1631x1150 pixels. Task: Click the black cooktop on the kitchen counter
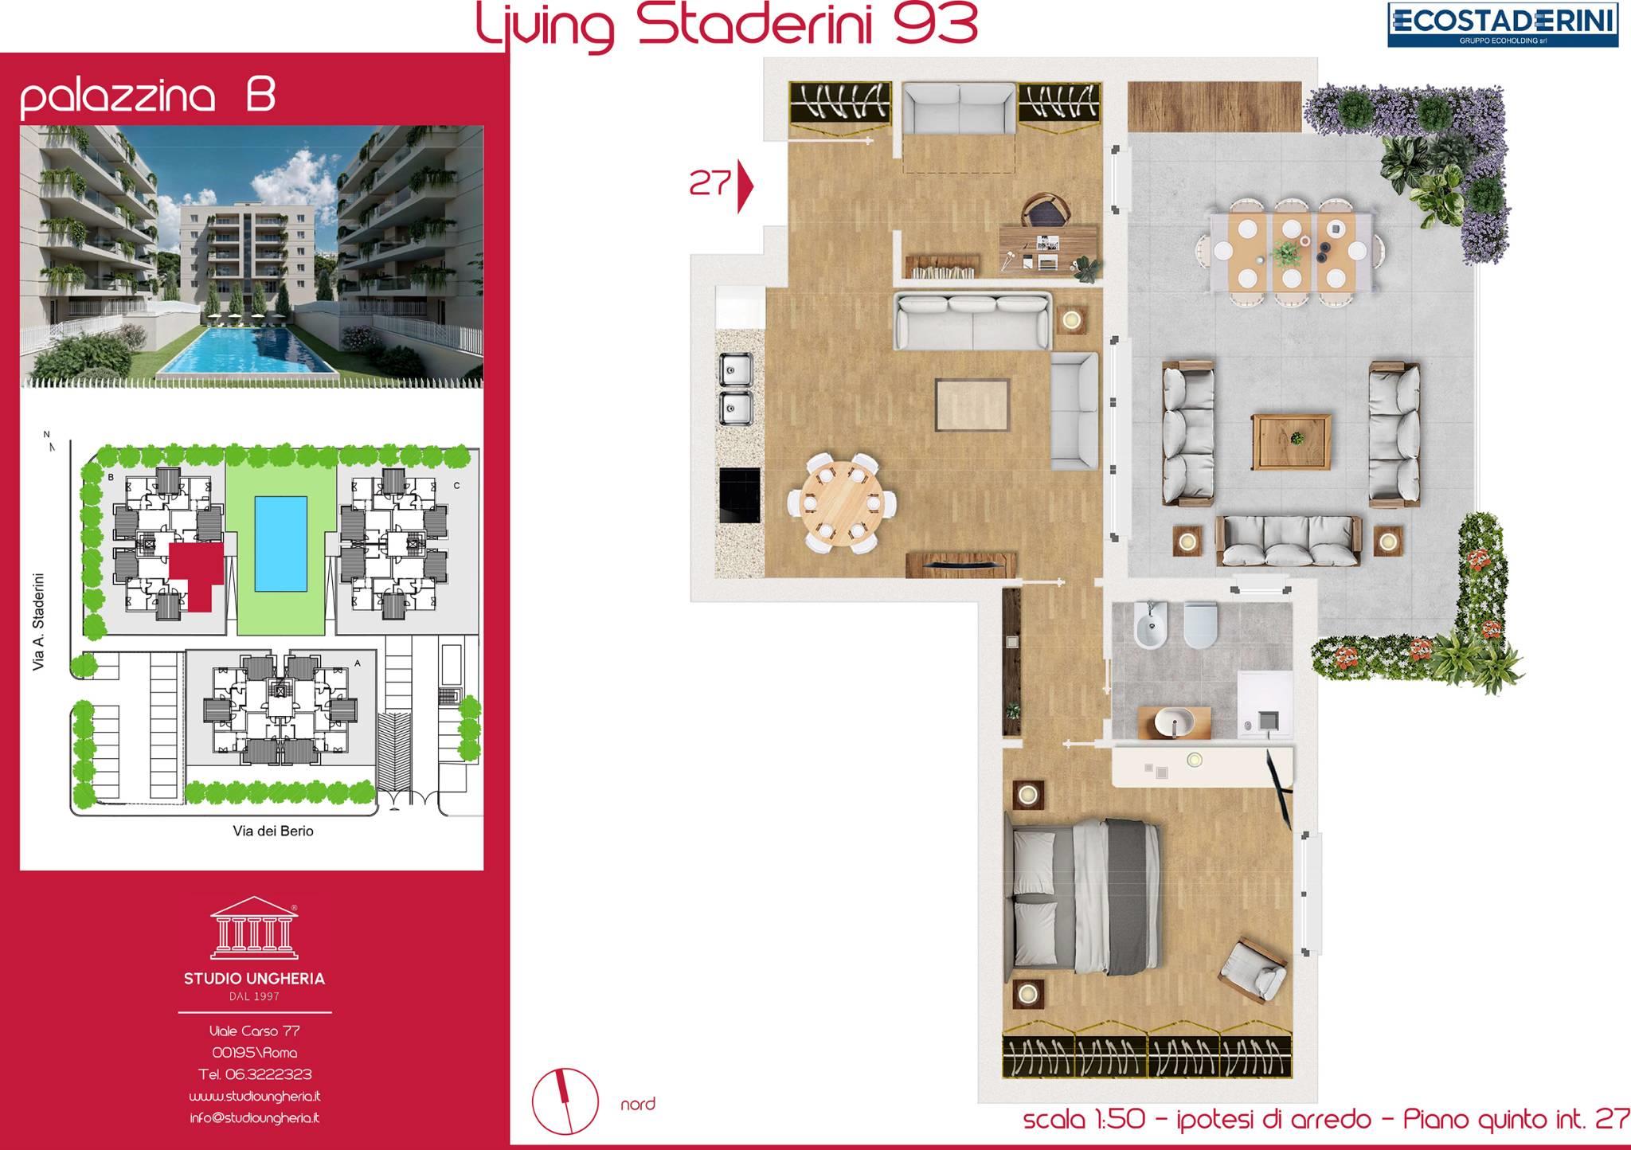click(740, 495)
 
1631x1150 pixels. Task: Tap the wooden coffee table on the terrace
click(1291, 441)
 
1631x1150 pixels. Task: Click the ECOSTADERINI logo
click(1503, 25)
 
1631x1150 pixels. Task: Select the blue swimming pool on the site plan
click(281, 543)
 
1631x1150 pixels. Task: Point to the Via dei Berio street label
click(273, 831)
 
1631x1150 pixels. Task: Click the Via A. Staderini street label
click(38, 622)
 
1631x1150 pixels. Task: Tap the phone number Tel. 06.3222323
click(255, 1074)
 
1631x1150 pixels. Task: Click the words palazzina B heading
click(148, 96)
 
